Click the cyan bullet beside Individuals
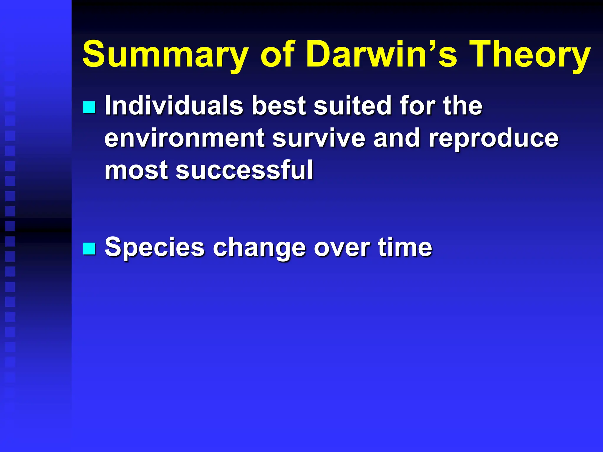[89, 107]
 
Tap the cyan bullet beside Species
[89, 249]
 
